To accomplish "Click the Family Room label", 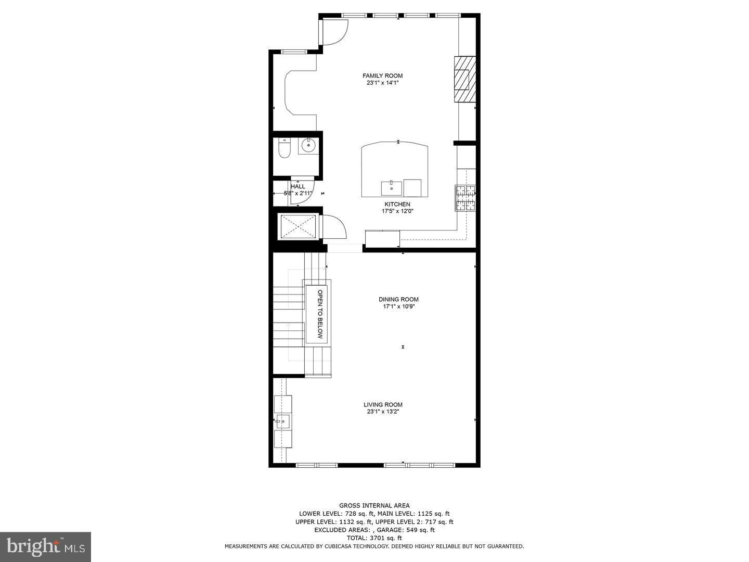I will pyautogui.click(x=382, y=75).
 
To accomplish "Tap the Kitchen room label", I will pyautogui.click(x=397, y=205).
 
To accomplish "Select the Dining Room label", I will pyautogui.click(x=398, y=299).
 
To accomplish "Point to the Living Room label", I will pyautogui.click(x=383, y=404).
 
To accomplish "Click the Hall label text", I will pyautogui.click(x=298, y=186).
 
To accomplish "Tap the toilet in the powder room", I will pyautogui.click(x=284, y=149).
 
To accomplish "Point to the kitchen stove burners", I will pyautogui.click(x=466, y=198).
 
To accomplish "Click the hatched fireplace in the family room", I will pyautogui.click(x=464, y=80).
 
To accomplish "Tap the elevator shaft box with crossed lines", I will pyautogui.click(x=299, y=226).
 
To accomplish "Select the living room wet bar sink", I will pyautogui.click(x=282, y=421).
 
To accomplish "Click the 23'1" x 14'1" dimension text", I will pyautogui.click(x=382, y=83).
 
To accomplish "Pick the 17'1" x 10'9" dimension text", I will pyautogui.click(x=398, y=306).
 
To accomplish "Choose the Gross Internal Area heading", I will pyautogui.click(x=374, y=505).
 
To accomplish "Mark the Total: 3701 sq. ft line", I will pyautogui.click(x=374, y=538).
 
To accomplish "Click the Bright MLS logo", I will pyautogui.click(x=46, y=546).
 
